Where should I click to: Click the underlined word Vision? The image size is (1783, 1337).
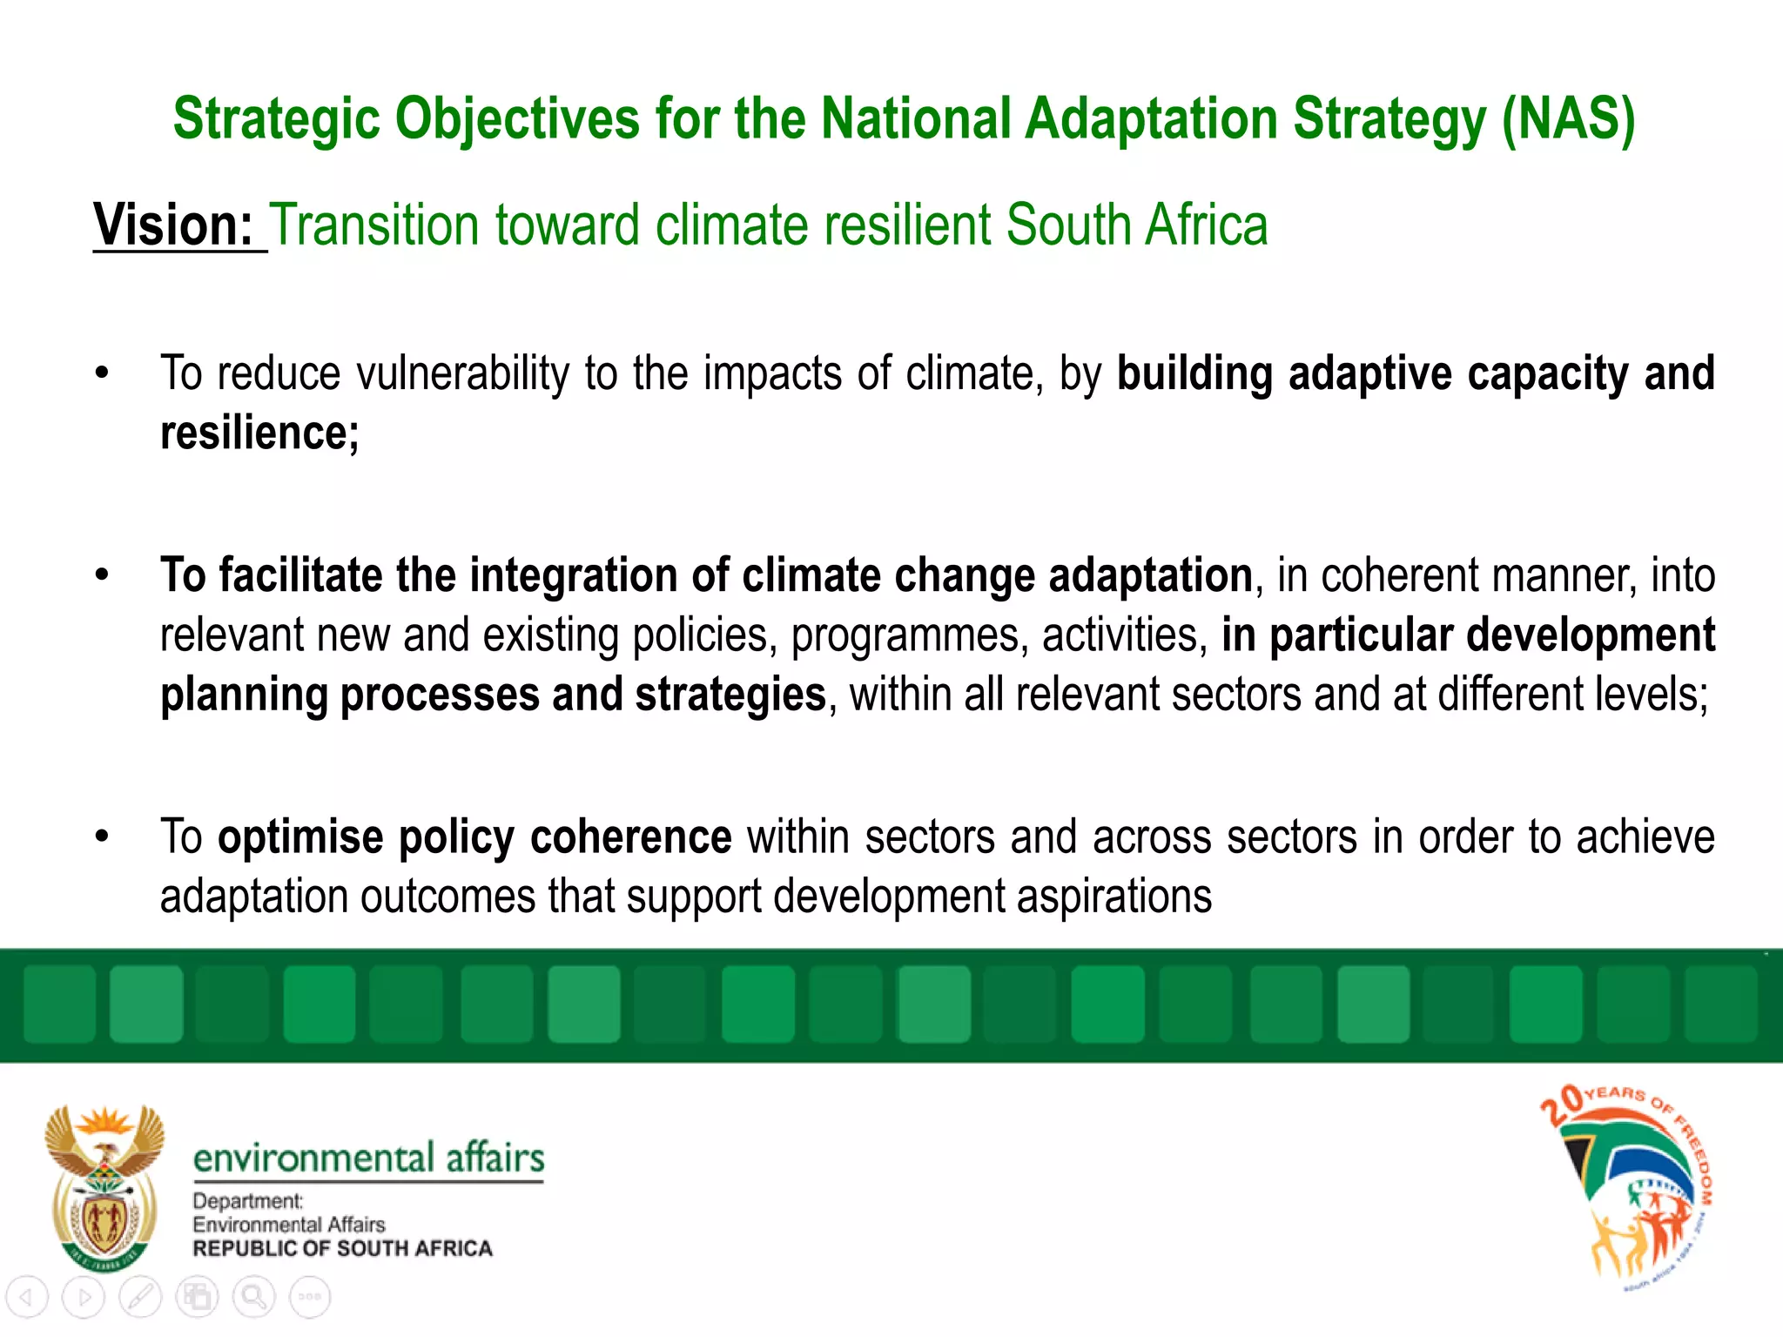[x=173, y=225]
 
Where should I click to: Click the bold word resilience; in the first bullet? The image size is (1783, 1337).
[x=259, y=433]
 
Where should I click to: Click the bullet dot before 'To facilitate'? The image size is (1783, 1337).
[x=103, y=575]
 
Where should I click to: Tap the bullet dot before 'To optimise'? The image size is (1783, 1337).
[x=103, y=837]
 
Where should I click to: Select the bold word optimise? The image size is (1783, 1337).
[x=300, y=837]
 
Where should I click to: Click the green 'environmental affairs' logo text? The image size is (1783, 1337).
[x=368, y=1159]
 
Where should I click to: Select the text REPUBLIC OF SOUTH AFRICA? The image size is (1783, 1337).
[x=342, y=1249]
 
